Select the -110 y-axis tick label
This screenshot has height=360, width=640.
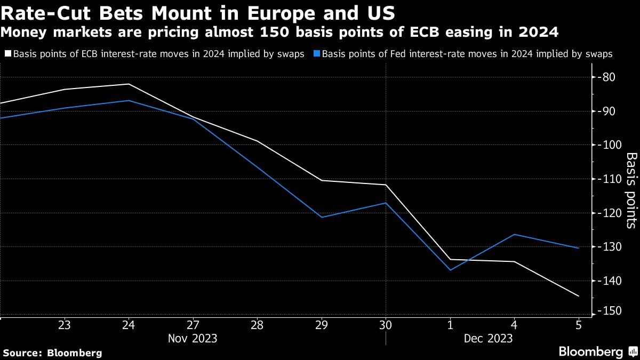608,179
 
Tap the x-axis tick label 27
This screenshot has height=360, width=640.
193,325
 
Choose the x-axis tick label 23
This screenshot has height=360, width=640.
64,325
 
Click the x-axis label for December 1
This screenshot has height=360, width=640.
450,325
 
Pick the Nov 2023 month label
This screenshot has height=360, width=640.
193,338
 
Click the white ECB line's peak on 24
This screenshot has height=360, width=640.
129,84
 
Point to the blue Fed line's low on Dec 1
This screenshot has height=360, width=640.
450,270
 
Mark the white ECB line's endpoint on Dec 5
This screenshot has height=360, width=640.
579,296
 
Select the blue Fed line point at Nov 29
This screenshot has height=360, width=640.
322,217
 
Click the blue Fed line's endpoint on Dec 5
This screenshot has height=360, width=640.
579,248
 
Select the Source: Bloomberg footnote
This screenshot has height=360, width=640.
52,353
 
